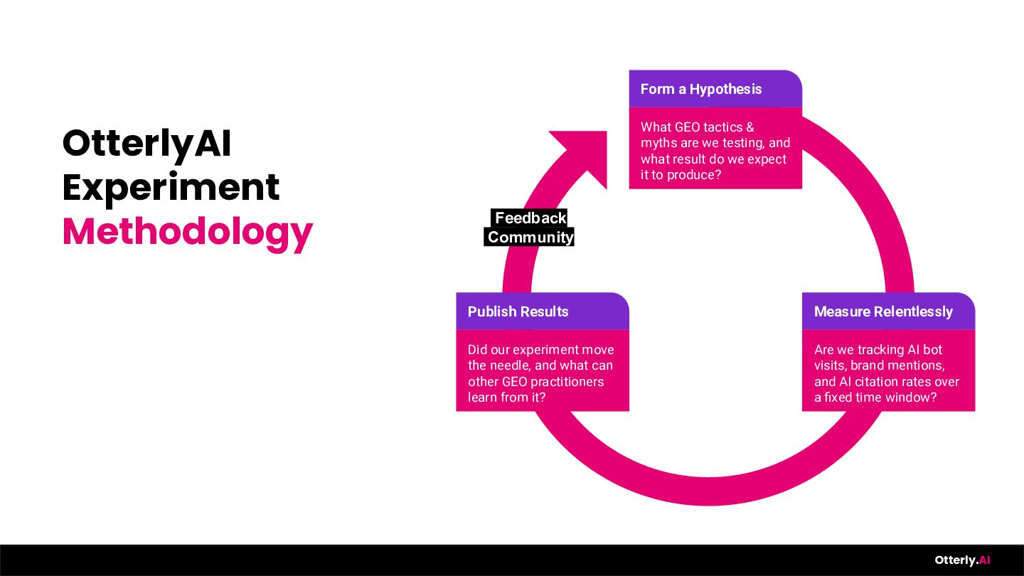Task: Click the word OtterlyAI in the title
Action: [146, 144]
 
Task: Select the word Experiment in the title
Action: [171, 188]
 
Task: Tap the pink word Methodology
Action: [187, 232]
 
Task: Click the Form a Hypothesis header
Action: [700, 89]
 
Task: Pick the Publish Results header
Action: [518, 311]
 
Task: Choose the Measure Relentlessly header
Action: [882, 311]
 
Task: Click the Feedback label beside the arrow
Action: [530, 218]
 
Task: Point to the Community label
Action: [530, 238]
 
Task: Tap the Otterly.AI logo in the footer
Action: [962, 560]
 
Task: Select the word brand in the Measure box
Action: [866, 366]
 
